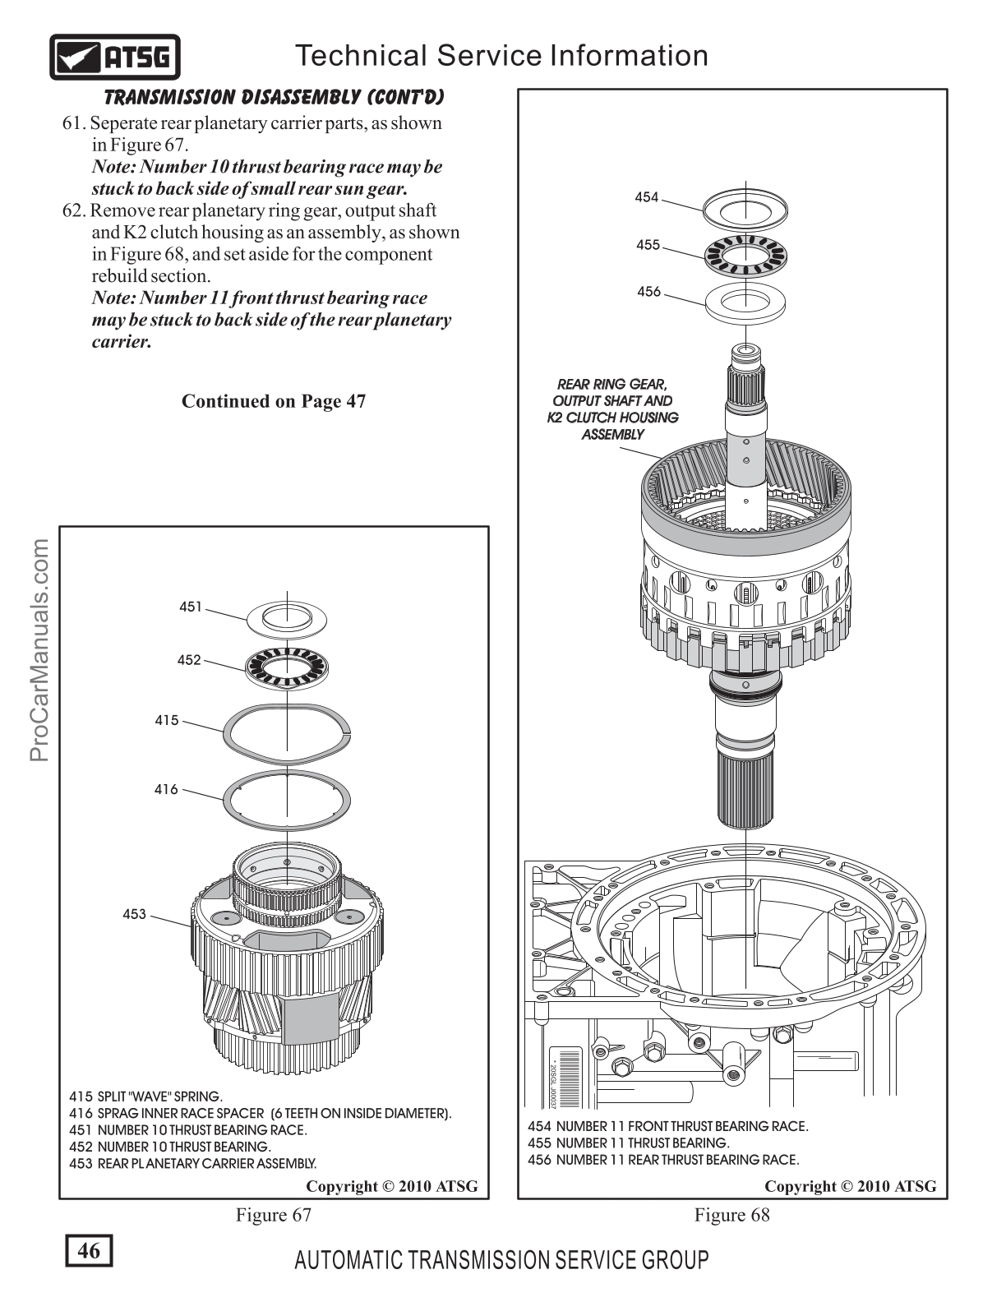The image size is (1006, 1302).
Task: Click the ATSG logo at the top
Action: pos(115,57)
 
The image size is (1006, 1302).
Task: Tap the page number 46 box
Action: pos(88,1251)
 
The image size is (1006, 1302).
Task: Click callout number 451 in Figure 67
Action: pos(191,607)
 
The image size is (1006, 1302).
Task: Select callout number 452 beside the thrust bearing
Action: pos(189,659)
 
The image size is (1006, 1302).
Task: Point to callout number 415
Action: pos(167,720)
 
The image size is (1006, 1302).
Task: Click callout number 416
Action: pos(166,789)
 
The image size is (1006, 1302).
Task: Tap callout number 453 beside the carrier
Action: pos(134,914)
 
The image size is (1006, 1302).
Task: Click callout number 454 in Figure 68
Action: pos(647,196)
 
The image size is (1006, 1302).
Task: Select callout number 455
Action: pos(648,244)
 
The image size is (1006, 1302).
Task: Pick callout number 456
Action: pos(648,291)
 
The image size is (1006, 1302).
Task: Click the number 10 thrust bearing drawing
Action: pos(287,663)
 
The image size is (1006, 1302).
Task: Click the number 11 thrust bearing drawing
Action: pos(745,255)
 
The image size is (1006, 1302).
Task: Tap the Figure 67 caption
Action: pos(274,1215)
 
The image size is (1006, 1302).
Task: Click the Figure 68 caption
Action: pos(732,1215)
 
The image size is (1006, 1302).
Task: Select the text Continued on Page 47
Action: pos(274,401)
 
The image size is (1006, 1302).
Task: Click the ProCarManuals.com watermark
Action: pos(39,649)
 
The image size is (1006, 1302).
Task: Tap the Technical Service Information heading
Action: pos(501,55)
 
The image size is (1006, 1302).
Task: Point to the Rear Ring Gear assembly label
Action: pos(612,409)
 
